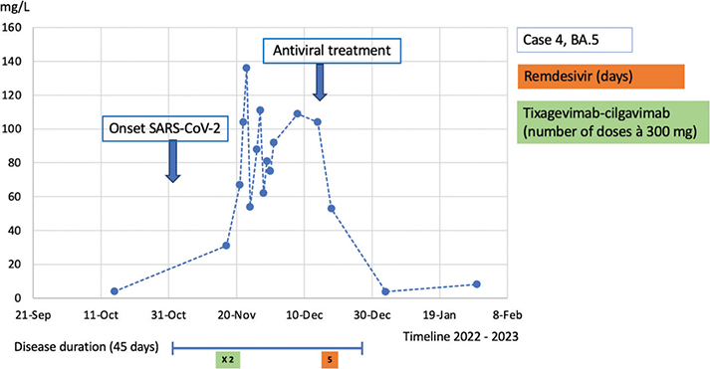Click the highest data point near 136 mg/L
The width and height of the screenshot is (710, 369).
point(246,69)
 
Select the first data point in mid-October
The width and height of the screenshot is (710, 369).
point(115,291)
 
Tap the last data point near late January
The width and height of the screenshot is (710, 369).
point(477,284)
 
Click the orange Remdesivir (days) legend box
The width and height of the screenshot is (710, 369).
point(600,77)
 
